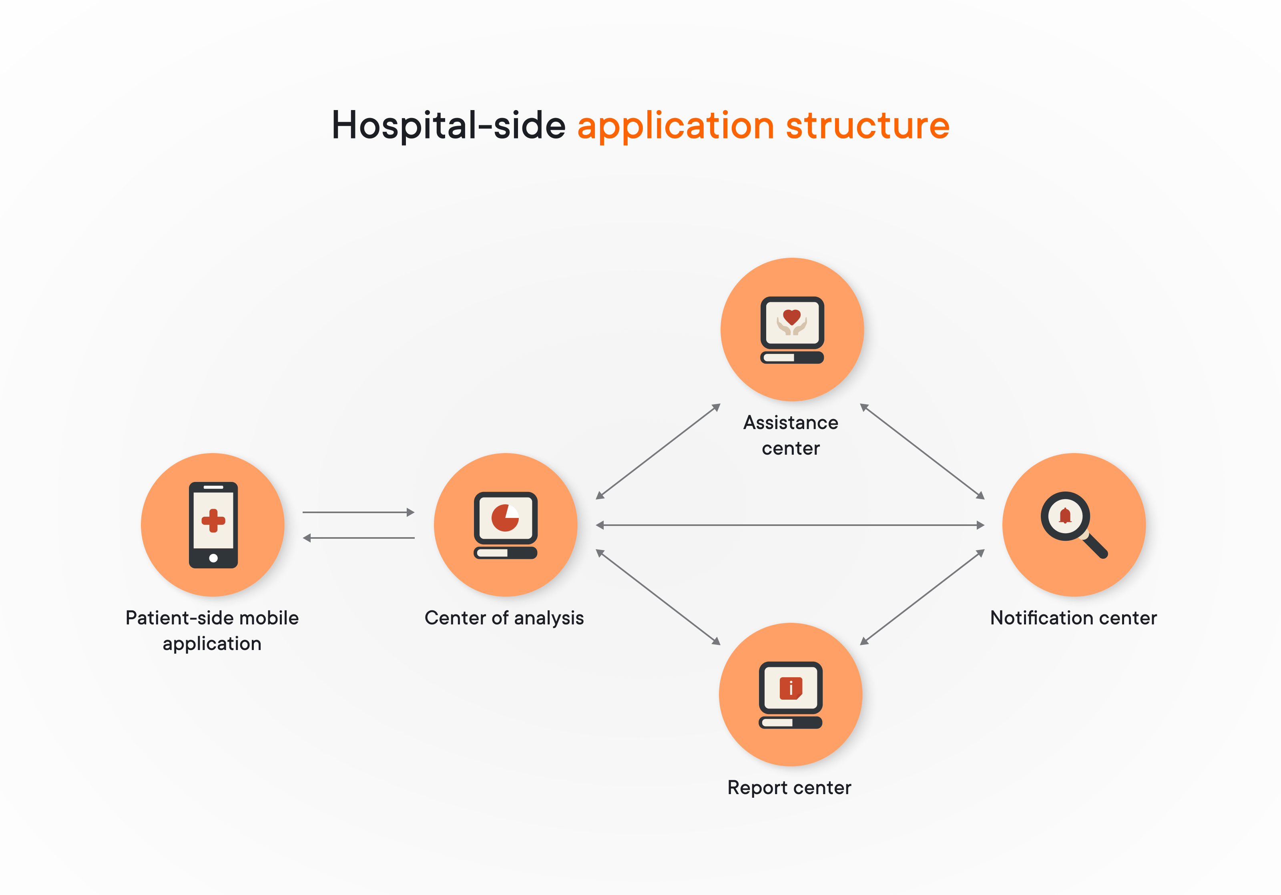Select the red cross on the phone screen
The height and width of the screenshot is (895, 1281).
(x=213, y=521)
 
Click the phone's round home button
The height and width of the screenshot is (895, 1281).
(x=213, y=558)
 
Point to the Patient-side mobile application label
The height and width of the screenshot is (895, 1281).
(x=212, y=630)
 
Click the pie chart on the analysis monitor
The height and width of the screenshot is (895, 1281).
(x=505, y=518)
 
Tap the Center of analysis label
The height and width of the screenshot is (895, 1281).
(x=504, y=618)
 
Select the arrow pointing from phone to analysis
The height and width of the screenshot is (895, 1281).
(x=358, y=512)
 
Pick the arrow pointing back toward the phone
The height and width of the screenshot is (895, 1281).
(x=358, y=538)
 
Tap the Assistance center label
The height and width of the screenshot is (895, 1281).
(x=791, y=435)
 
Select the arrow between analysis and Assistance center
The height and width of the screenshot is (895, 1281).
(x=659, y=451)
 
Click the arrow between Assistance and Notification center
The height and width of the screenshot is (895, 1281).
(x=922, y=451)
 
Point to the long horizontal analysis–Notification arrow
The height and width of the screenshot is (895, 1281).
(x=790, y=525)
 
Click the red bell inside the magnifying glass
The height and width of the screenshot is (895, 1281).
(x=1065, y=516)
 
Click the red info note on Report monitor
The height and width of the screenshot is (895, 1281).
(x=791, y=688)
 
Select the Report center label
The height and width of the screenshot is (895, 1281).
(x=789, y=787)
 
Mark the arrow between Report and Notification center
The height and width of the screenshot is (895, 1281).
(x=922, y=597)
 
